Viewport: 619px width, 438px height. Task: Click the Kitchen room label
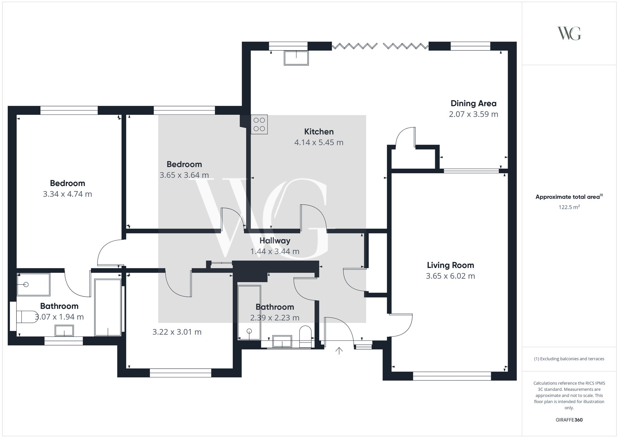click(319, 132)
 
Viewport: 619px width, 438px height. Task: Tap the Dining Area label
click(473, 103)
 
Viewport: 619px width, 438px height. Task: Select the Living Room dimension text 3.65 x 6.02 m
click(450, 276)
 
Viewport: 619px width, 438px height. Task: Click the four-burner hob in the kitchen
click(259, 124)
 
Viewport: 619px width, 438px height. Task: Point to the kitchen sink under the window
click(296, 58)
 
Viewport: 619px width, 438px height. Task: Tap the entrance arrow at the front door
click(339, 351)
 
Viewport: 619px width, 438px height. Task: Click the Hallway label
click(275, 241)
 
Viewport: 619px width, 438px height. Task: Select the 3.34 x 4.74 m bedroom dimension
click(67, 194)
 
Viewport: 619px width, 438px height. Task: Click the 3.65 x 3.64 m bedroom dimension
click(184, 175)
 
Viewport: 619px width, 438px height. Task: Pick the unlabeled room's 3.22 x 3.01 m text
click(177, 332)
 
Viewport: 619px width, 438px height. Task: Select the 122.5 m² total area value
click(569, 207)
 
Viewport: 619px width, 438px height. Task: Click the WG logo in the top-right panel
click(569, 33)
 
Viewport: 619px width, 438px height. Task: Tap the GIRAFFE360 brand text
click(569, 420)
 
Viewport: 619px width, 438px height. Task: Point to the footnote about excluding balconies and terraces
click(569, 359)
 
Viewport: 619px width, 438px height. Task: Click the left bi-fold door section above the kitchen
click(354, 46)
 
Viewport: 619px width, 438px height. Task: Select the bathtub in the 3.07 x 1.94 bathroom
click(108, 307)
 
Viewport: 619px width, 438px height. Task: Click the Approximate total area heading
click(569, 197)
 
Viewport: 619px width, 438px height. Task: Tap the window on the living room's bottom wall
click(452, 376)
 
